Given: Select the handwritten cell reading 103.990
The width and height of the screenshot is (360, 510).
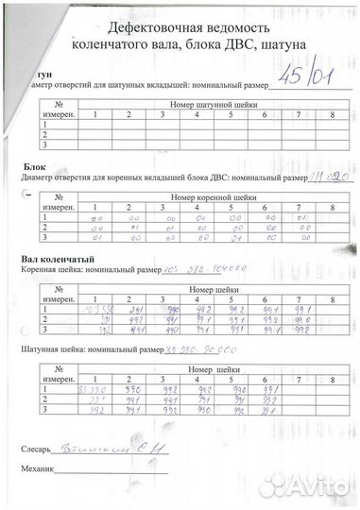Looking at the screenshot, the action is click(93, 310).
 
